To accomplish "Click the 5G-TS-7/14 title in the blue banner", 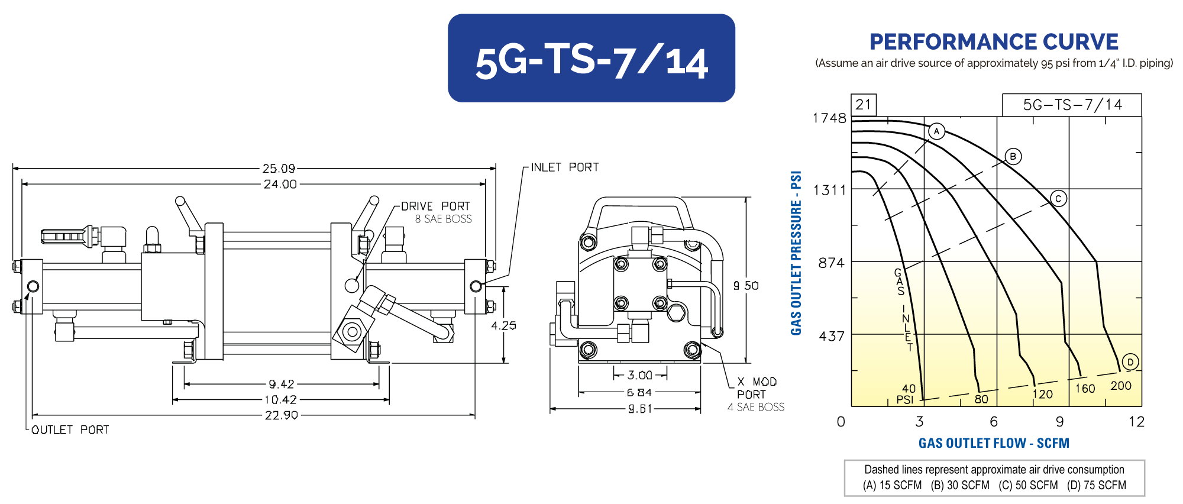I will [591, 60].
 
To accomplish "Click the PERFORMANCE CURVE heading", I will [994, 42].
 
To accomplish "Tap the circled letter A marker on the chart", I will [936, 131].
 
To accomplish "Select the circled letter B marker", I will [1013, 157].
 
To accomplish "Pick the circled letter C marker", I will [1058, 199].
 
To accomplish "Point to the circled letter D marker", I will [1130, 362].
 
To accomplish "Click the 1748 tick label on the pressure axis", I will [829, 118].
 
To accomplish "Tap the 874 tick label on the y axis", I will [831, 263].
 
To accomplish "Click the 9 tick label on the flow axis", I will [1059, 422].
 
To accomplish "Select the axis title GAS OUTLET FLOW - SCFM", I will [994, 443].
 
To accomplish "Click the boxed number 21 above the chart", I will [863, 105].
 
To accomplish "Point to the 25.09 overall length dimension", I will [279, 169].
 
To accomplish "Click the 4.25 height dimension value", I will [503, 325].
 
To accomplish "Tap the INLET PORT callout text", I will [564, 167].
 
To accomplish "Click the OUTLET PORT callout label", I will [70, 430].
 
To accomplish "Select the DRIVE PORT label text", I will [435, 206].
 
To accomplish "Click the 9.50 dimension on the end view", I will [746, 286].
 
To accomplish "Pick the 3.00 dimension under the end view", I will [639, 375].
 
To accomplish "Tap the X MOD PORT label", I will [756, 388].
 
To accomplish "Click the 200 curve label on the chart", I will [1120, 386].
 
